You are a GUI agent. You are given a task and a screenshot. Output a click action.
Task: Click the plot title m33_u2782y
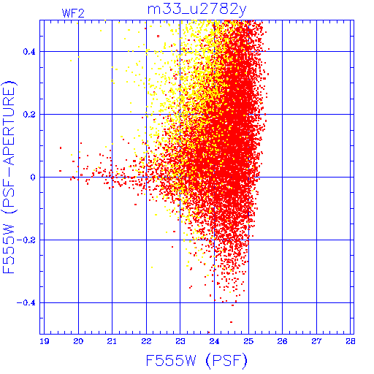[197, 10]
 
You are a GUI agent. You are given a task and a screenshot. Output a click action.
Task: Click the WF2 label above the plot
[73, 13]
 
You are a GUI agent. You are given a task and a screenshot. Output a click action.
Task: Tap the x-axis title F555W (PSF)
[196, 361]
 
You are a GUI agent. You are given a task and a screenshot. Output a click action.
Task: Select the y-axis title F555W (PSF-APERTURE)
[9, 177]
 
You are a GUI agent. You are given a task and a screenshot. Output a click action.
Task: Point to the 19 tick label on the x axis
[45, 341]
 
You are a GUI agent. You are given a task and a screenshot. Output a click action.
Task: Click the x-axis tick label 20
[78, 341]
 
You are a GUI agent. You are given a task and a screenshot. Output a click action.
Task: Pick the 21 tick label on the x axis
[112, 341]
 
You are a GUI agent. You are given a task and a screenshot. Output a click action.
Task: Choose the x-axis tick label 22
[146, 341]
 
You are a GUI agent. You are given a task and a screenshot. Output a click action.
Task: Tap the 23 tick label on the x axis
[180, 341]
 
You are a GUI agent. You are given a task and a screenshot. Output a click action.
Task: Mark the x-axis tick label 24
[214, 341]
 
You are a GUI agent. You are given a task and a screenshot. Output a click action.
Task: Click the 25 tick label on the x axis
[248, 341]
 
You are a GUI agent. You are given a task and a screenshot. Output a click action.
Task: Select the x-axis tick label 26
[283, 341]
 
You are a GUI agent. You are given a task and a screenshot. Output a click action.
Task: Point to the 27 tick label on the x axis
[316, 341]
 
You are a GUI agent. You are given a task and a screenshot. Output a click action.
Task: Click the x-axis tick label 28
[351, 341]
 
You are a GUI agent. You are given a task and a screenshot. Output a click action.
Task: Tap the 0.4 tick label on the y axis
[29, 52]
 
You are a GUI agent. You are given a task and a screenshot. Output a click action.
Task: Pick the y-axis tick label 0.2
[29, 115]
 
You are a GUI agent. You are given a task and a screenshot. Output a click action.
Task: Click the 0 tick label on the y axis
[33, 178]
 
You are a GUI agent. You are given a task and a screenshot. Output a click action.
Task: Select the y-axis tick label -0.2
[26, 240]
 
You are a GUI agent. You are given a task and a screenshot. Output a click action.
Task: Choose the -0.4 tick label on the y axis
[26, 303]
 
